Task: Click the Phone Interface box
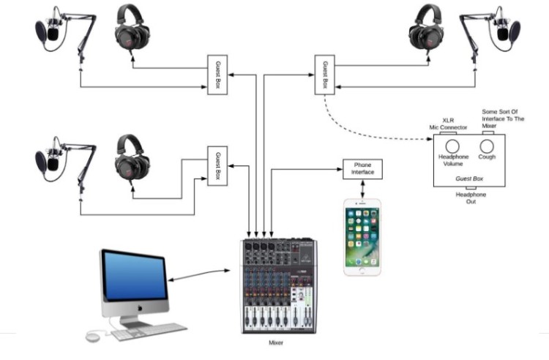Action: [362, 169]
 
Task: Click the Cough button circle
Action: [487, 146]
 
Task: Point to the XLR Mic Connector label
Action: [448, 124]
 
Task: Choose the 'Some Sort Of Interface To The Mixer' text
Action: [503, 119]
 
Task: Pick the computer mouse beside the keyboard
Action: [92, 336]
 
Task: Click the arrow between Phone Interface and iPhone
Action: [363, 188]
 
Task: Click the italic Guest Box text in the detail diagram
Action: [468, 178]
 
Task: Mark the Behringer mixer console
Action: [278, 285]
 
